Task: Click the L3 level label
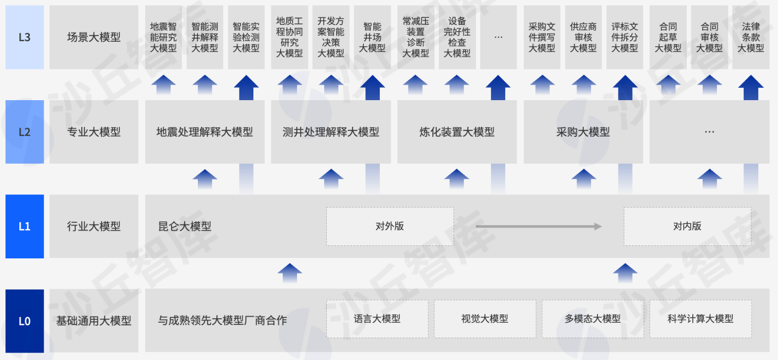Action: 24,37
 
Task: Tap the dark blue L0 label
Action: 24,321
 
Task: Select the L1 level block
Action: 24,226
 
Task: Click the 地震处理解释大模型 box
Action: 204,132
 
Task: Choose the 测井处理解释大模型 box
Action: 331,132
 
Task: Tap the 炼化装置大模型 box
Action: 457,132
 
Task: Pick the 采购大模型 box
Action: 583,132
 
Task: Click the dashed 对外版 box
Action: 390,226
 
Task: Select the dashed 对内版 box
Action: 687,226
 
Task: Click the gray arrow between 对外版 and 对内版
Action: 538,227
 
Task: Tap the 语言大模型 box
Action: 377,319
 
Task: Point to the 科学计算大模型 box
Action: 700,319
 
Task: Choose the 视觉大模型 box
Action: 485,319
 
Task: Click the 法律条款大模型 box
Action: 751,37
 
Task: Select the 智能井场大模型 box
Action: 372,37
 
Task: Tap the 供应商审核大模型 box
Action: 583,37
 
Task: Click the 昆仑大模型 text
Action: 184,227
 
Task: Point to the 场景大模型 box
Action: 94,37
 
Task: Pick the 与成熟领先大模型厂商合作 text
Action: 222,321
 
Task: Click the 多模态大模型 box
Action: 593,319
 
